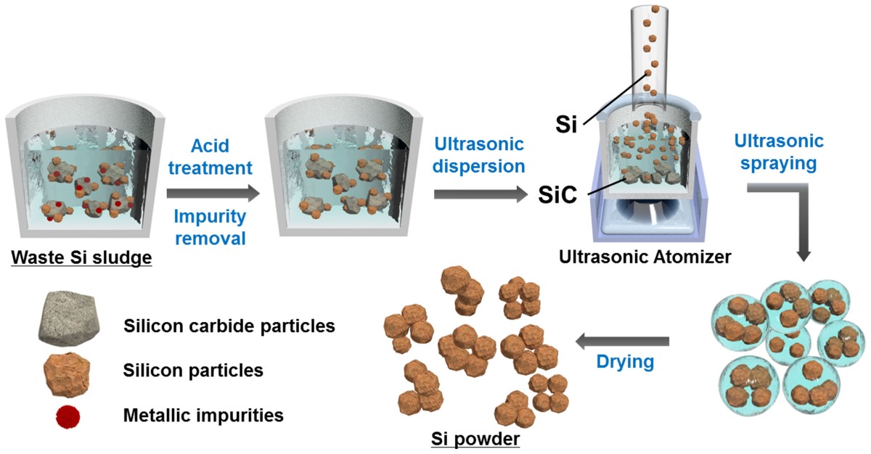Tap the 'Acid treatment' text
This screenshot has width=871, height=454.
click(211, 157)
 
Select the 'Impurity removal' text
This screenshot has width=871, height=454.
click(211, 227)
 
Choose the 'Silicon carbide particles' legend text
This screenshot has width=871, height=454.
click(229, 326)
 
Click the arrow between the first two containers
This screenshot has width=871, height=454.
click(213, 193)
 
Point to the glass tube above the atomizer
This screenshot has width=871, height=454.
click(656, 51)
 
